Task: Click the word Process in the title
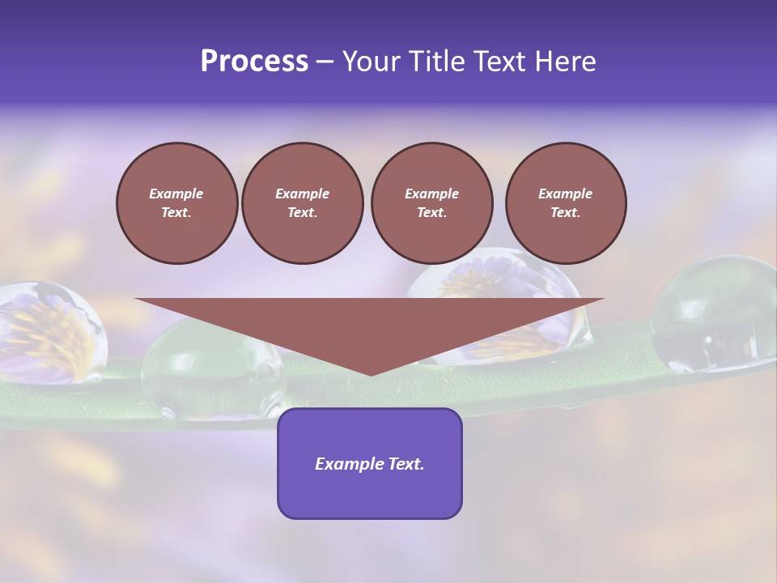[254, 62]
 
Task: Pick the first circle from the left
[176, 203]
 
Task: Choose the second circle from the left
[302, 203]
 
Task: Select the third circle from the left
[431, 203]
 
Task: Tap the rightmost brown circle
[566, 203]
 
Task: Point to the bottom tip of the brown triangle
[371, 375]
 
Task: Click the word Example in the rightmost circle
[565, 194]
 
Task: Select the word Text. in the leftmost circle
[176, 213]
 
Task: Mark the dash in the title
[325, 62]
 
